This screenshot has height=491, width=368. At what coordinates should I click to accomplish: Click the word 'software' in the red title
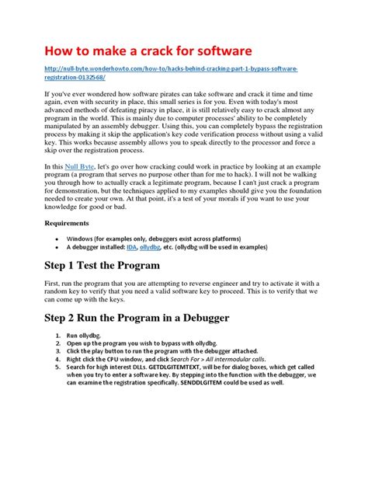(x=217, y=50)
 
